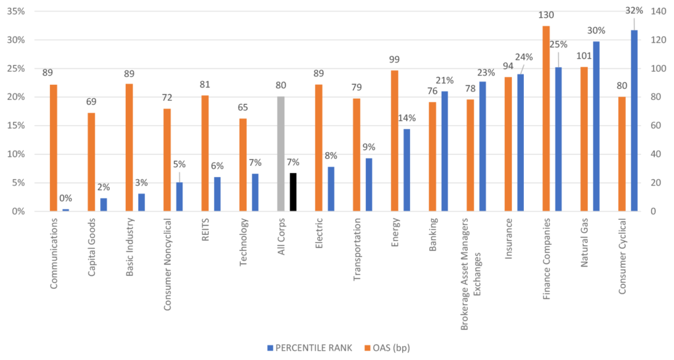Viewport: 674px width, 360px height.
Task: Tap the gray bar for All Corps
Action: [280, 154]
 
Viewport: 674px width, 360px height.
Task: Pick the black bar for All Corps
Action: [293, 192]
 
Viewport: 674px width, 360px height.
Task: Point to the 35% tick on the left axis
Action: [16, 11]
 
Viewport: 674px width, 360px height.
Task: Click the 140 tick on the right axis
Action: [658, 11]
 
